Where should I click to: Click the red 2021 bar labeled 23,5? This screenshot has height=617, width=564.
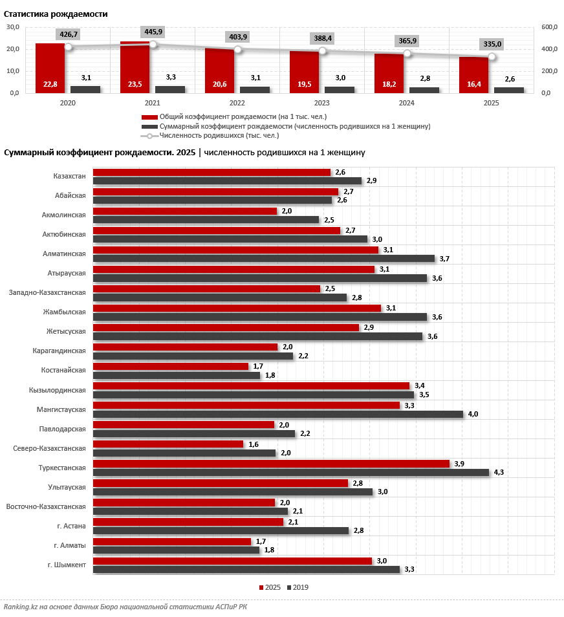[x=135, y=67]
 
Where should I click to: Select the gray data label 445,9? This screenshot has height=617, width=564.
[x=153, y=32]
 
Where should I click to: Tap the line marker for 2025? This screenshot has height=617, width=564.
[x=492, y=57]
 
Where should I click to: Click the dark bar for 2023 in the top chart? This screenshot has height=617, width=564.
[x=340, y=90]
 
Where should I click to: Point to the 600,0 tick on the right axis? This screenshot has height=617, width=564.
[x=549, y=27]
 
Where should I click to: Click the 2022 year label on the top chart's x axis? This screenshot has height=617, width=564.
[x=237, y=103]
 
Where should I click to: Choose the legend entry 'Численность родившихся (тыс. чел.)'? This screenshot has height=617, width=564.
[x=210, y=136]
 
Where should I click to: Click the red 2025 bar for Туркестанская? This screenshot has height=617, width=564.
[x=271, y=464]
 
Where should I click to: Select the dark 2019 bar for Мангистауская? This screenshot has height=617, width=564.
[x=278, y=415]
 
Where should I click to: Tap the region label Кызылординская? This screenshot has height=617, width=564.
[x=58, y=390]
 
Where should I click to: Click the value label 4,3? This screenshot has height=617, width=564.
[x=499, y=472]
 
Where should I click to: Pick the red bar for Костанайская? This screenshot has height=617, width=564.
[x=171, y=366]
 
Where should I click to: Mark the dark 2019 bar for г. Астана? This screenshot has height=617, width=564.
[x=221, y=531]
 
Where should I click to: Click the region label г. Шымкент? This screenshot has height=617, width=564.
[x=67, y=565]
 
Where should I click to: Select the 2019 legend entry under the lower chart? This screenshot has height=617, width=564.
[x=298, y=587]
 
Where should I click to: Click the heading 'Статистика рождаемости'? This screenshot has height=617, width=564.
[x=56, y=14]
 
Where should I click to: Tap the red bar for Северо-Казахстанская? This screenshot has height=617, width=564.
[x=168, y=444]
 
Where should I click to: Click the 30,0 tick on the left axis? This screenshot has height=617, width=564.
[x=12, y=27]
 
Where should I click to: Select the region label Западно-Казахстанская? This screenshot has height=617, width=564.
[x=47, y=293]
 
